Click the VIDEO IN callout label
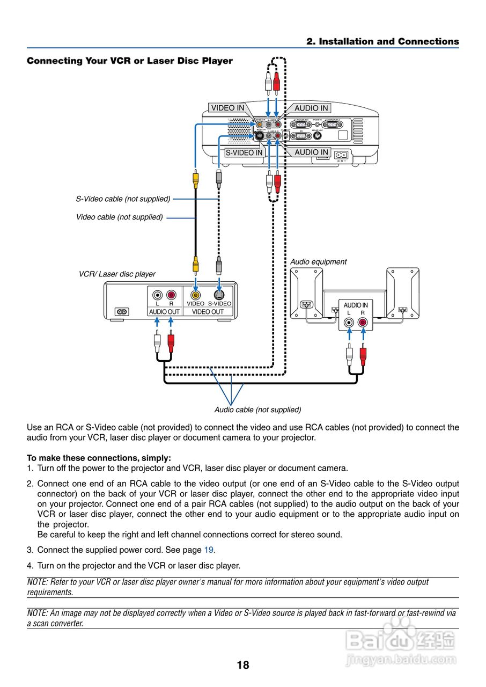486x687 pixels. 227,108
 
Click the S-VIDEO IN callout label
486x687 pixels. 244,152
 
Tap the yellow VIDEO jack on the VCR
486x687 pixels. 196,295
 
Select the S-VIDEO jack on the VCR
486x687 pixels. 219,295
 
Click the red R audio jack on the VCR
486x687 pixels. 171,295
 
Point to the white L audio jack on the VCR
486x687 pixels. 157,295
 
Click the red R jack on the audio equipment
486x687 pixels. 363,323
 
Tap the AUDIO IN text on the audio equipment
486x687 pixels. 356,305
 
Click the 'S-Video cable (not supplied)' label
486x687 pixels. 123,199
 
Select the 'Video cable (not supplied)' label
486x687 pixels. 119,217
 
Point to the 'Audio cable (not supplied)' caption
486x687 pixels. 257,410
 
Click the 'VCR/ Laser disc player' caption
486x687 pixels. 117,274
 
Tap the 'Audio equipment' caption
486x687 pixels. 318,262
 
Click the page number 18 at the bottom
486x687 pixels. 243,666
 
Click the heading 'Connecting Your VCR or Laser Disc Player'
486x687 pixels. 130,61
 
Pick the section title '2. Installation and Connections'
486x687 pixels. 382,41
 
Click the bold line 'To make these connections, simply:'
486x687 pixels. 99,458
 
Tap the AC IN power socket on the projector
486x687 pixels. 341,155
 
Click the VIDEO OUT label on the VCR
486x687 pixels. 208,312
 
